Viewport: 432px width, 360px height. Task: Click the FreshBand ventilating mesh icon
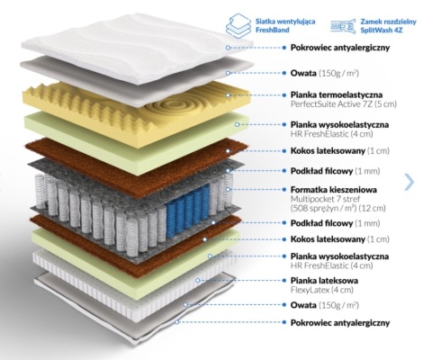(238, 24)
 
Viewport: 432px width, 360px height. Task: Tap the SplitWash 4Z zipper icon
(343, 26)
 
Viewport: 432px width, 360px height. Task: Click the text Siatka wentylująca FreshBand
(285, 25)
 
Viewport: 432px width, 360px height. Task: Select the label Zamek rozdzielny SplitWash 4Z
(388, 26)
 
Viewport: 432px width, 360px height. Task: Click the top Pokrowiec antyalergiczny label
(340, 48)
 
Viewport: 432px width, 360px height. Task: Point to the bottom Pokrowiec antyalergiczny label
(340, 323)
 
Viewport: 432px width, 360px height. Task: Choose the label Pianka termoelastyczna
(337, 94)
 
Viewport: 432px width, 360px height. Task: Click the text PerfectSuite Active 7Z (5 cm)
(344, 104)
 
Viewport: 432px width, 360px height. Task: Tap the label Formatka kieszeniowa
(334, 190)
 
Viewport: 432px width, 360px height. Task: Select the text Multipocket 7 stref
(325, 199)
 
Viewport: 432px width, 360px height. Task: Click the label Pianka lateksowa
(324, 281)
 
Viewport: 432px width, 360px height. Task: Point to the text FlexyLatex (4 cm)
(321, 290)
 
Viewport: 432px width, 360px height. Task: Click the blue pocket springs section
(187, 209)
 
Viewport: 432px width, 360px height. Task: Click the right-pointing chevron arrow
(409, 182)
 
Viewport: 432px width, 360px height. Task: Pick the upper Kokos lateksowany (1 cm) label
(340, 150)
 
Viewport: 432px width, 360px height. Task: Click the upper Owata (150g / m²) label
(325, 73)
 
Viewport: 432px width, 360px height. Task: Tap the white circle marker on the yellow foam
(228, 94)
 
